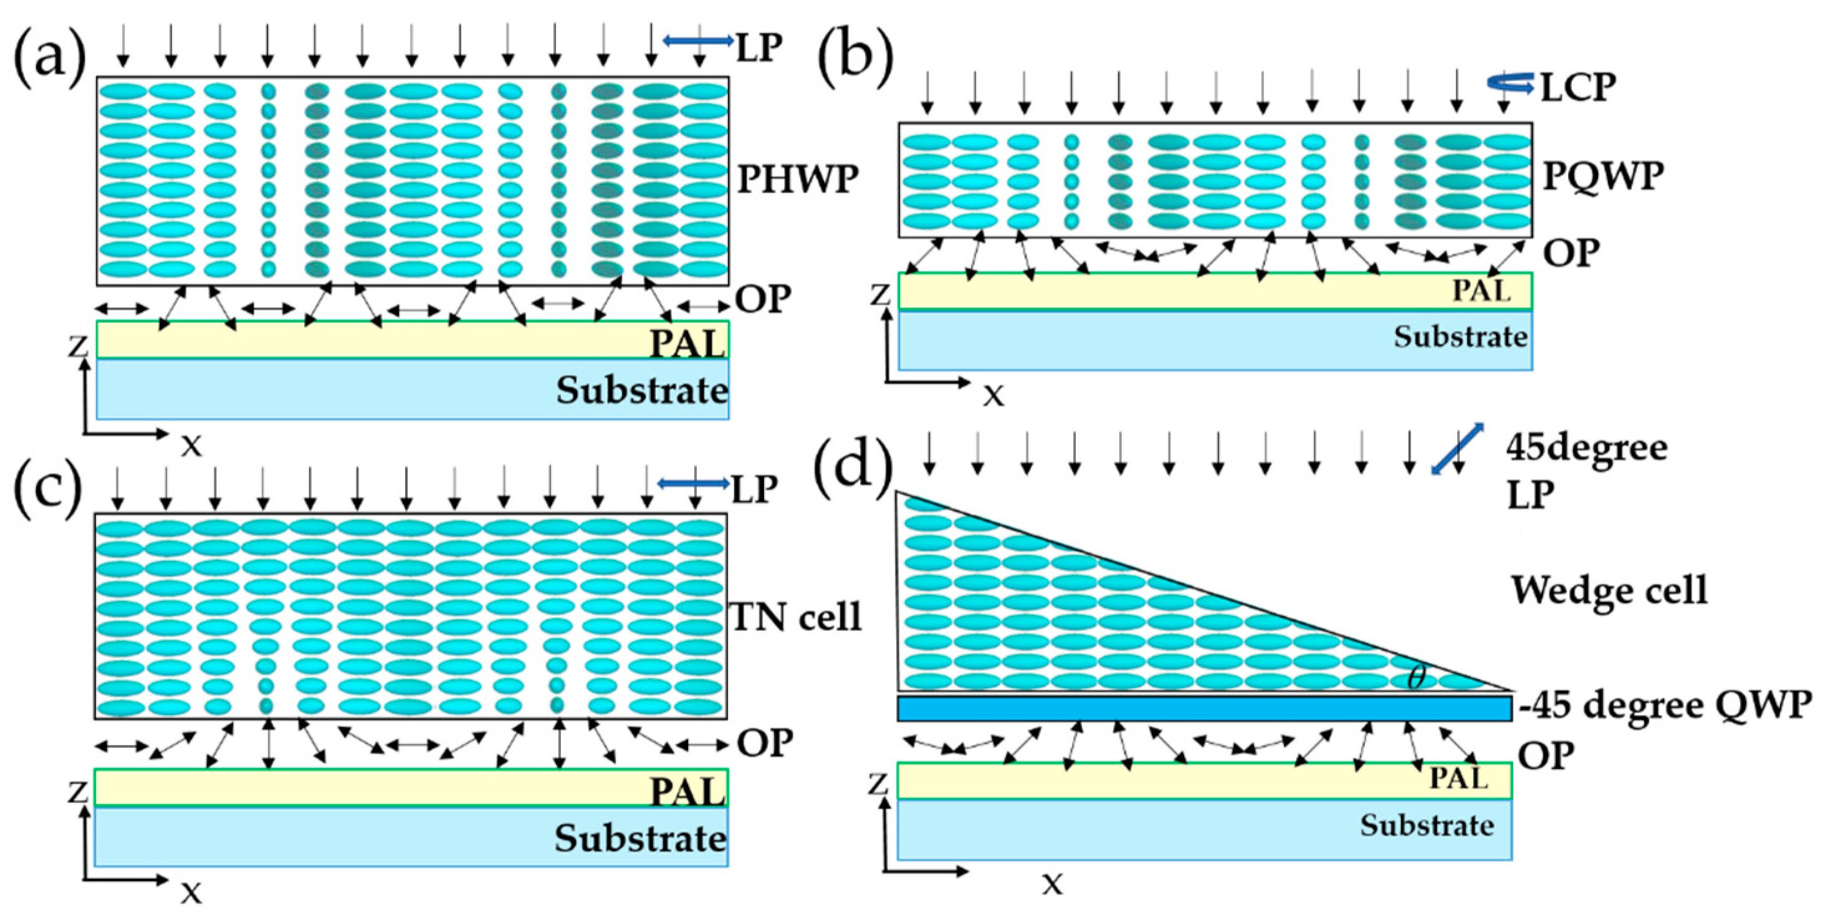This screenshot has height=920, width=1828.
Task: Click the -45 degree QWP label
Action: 1665,706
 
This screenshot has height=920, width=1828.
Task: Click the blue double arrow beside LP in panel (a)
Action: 698,42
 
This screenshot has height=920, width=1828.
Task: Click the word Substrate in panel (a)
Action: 641,390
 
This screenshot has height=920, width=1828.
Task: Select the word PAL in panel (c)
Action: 687,790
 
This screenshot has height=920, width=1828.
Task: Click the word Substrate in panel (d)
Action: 1427,826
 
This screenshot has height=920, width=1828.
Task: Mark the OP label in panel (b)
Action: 1571,252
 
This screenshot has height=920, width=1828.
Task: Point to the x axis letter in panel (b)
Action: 993,396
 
